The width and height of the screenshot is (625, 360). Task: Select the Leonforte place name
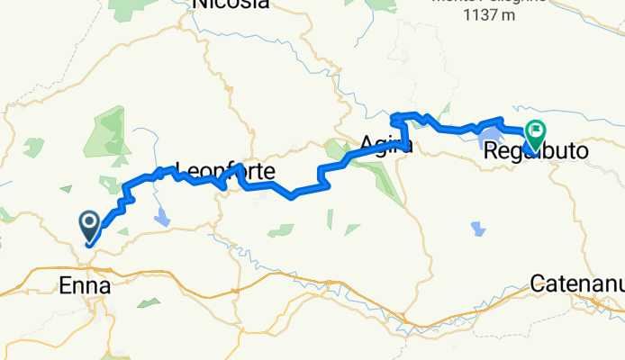click(224, 169)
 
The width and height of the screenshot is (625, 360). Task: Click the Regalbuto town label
click(536, 153)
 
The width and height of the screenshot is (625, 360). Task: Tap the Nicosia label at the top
click(231, 4)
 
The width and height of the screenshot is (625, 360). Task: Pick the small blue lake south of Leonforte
click(162, 216)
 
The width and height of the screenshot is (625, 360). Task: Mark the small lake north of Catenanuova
click(477, 229)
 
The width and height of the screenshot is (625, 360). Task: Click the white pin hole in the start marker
click(90, 220)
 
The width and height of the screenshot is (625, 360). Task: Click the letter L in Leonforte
click(179, 169)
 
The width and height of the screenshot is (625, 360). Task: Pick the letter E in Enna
click(64, 286)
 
